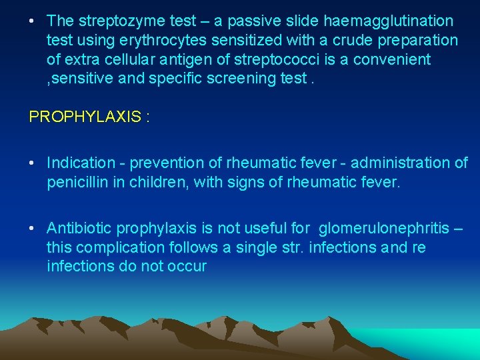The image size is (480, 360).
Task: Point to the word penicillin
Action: click(77, 182)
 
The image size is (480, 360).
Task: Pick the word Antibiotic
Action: click(80, 229)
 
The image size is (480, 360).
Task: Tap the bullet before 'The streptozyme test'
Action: click(32, 21)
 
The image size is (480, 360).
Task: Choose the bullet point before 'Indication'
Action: click(32, 163)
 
